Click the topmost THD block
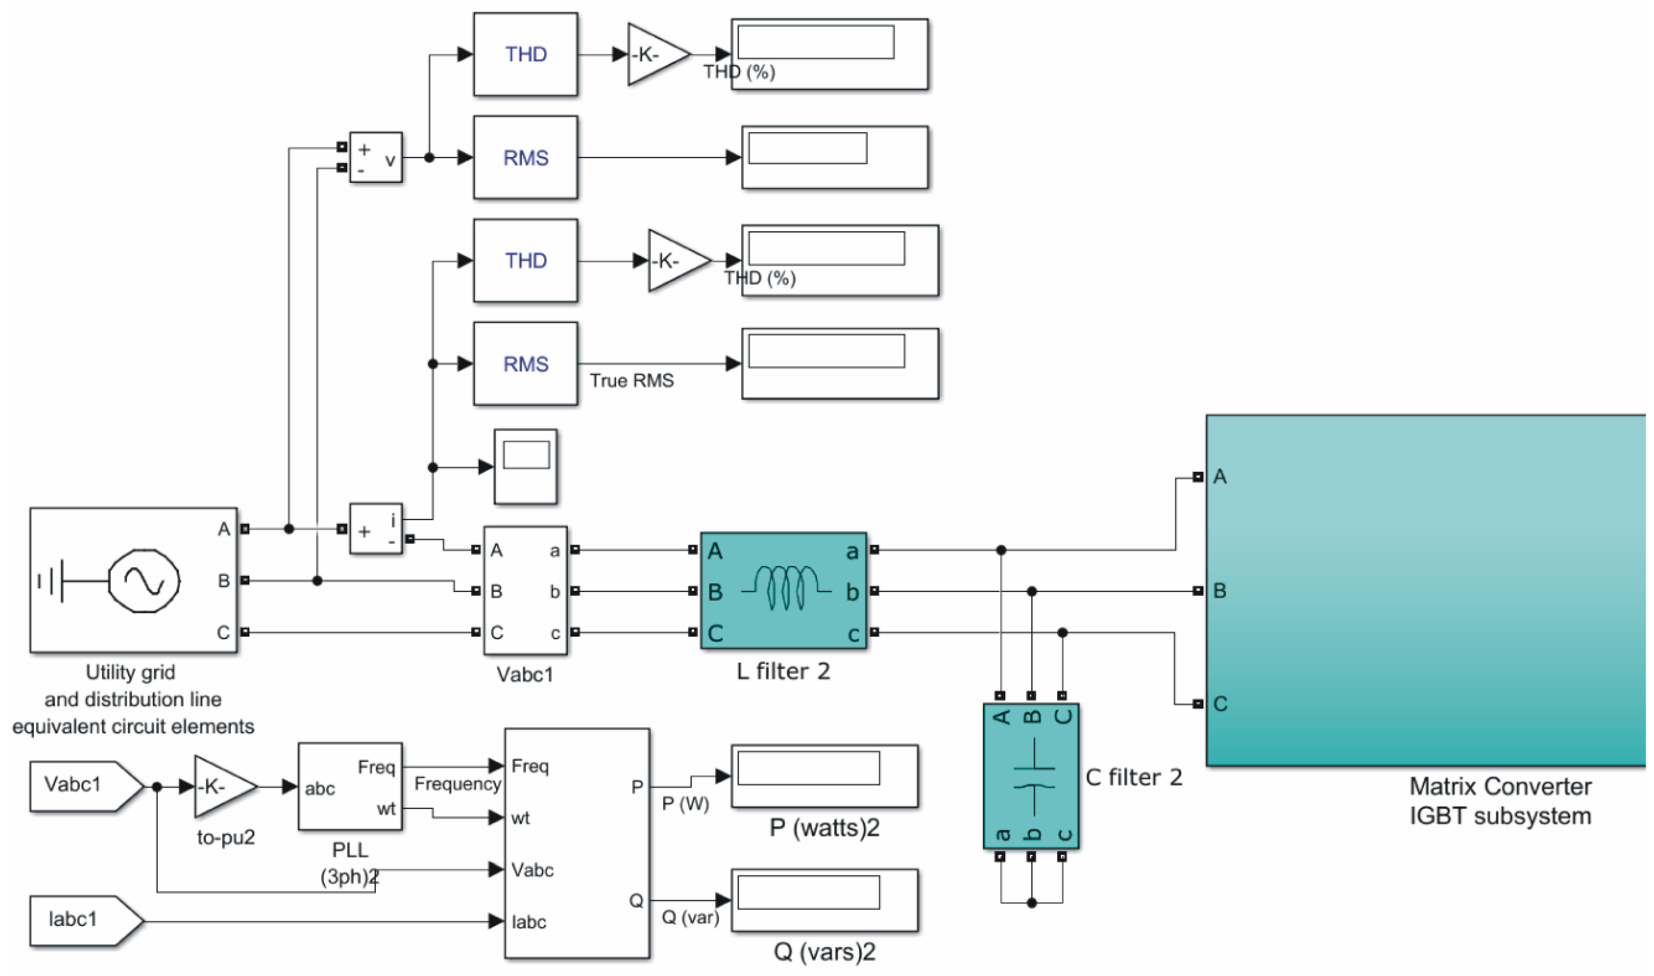525,54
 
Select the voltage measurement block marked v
376,157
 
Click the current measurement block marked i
376,529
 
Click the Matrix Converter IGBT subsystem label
1500,801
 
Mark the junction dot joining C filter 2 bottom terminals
1031,903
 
